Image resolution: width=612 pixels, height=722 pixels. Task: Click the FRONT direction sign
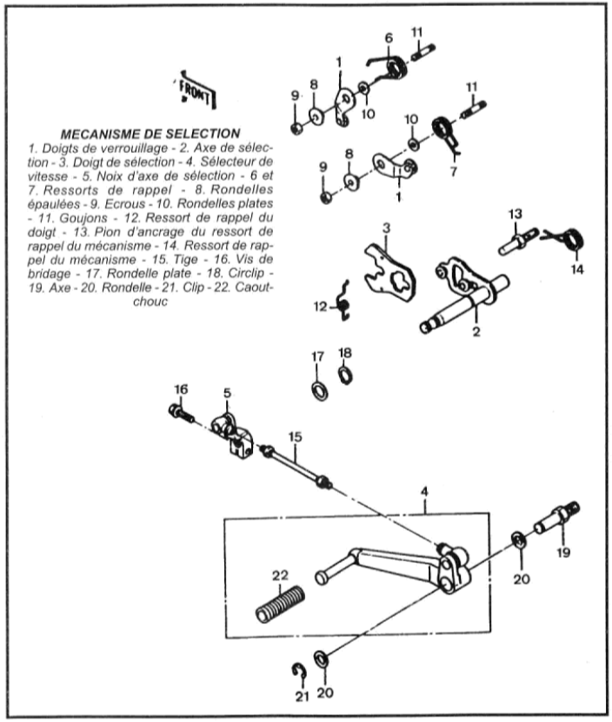tap(198, 89)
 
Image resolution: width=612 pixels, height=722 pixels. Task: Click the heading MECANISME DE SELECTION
tap(152, 134)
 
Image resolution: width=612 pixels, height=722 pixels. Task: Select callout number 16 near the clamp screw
tap(181, 388)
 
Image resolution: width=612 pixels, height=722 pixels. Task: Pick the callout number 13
tap(516, 214)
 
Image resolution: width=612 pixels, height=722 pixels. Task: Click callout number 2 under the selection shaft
tap(476, 333)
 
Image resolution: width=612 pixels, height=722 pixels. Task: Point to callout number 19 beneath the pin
tap(563, 553)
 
